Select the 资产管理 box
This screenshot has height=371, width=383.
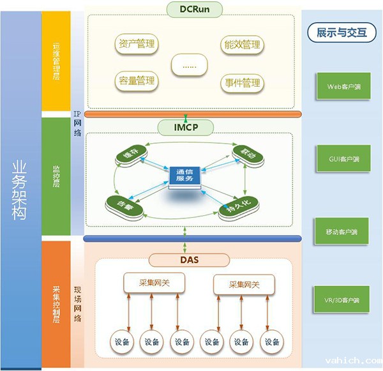[137, 45]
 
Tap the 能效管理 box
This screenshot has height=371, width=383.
[243, 45]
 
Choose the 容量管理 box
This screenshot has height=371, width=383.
[137, 80]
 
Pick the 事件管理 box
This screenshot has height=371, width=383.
[243, 82]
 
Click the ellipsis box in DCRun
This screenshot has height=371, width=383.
[190, 64]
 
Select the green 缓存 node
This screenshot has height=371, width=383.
[130, 155]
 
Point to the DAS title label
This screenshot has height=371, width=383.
[190, 259]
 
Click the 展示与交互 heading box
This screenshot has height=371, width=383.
[342, 32]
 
